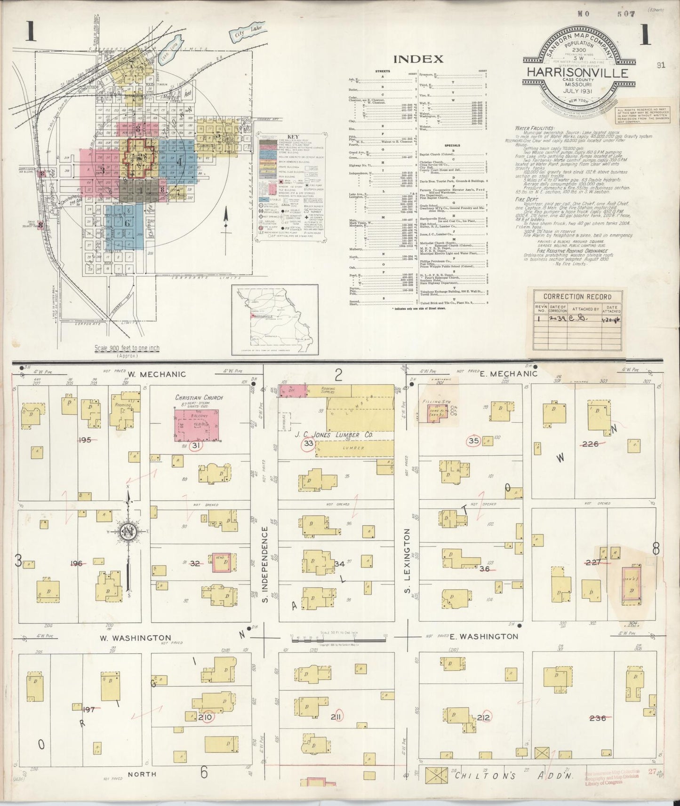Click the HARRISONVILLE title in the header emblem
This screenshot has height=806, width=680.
[x=577, y=73]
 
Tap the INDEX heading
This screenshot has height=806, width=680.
[x=418, y=59]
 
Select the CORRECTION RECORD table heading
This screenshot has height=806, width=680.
[x=577, y=297]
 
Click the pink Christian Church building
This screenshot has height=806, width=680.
[x=198, y=425]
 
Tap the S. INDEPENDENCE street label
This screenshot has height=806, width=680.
[x=265, y=564]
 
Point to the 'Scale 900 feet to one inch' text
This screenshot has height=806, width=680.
[x=127, y=348]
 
